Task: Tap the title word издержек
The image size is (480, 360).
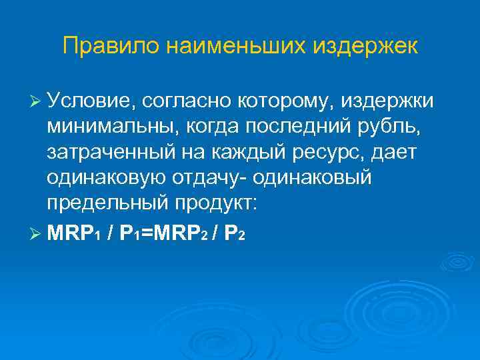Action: (361, 46)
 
